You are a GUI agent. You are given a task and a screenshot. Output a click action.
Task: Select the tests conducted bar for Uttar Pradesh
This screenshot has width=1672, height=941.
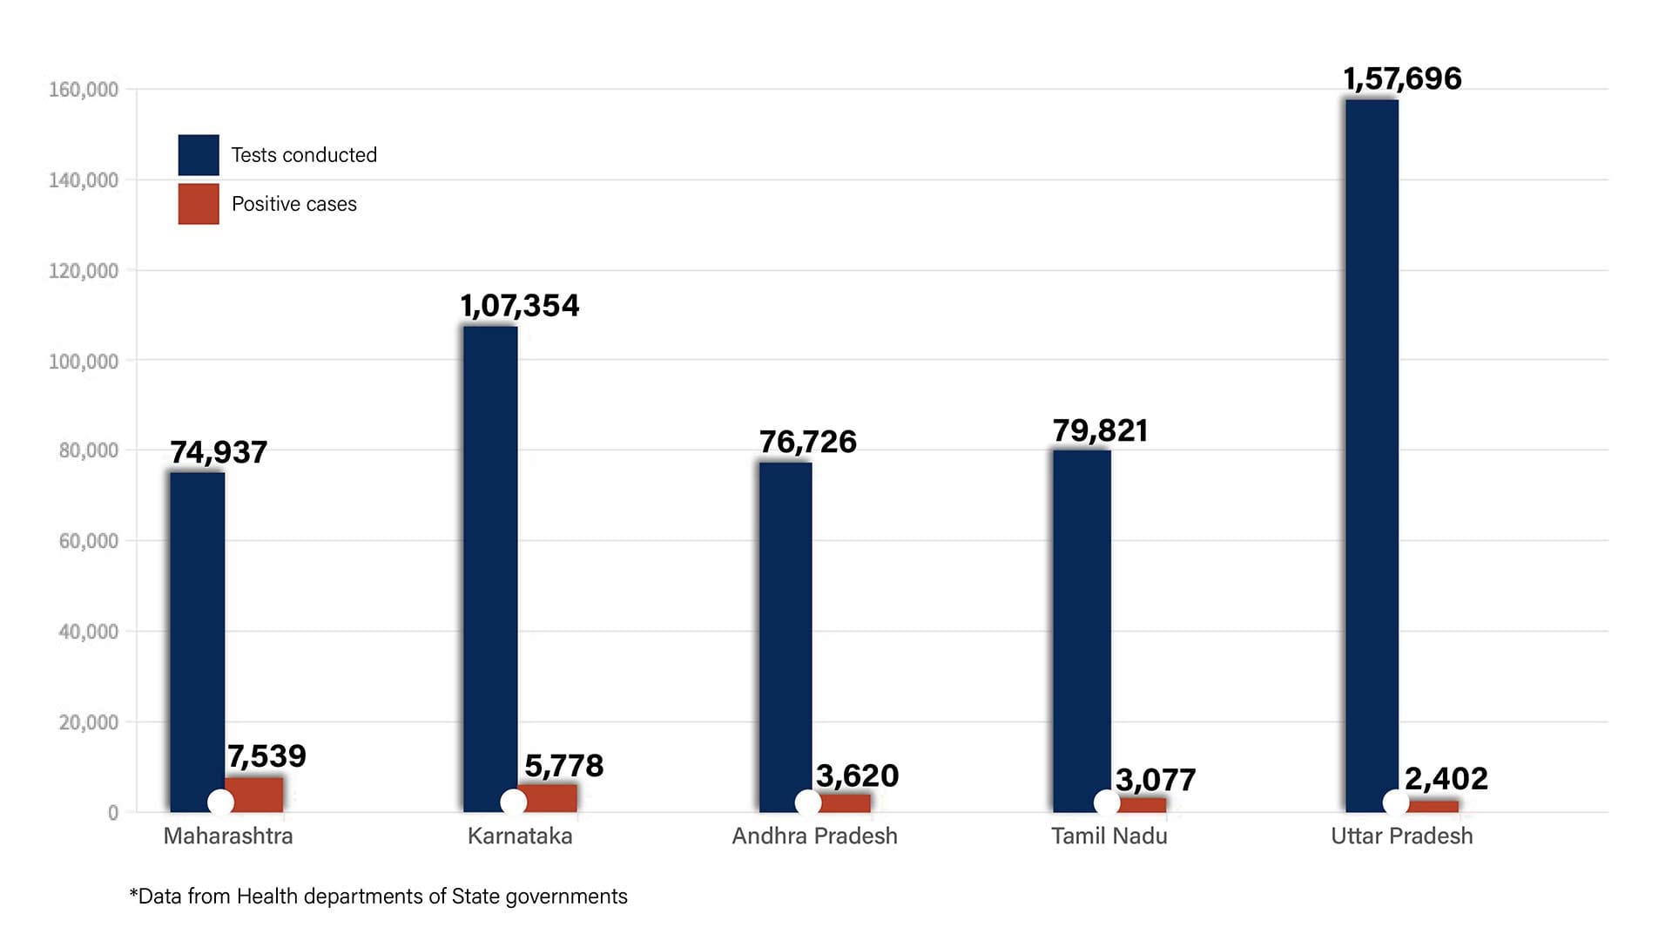coord(1372,453)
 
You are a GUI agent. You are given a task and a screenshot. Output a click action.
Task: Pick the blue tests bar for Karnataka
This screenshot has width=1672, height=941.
coord(490,566)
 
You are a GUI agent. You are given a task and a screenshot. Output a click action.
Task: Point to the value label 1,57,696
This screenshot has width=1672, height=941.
coord(1402,78)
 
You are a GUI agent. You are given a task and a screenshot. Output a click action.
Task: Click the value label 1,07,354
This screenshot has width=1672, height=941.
coord(520,306)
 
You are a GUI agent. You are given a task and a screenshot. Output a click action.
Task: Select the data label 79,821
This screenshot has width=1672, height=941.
coord(1100,430)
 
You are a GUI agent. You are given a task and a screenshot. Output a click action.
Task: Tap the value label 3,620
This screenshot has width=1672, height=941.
coord(857,775)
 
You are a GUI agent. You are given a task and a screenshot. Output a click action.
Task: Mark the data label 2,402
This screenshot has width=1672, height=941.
coord(1446,778)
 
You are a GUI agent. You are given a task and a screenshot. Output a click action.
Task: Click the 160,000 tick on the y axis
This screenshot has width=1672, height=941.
coord(84,90)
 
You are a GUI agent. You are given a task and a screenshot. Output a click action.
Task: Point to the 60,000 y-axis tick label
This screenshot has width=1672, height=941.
coord(88,541)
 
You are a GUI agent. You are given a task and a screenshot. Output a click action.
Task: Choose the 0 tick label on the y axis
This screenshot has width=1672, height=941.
coord(113,813)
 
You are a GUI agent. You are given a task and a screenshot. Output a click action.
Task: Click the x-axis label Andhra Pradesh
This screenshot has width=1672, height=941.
coord(814,836)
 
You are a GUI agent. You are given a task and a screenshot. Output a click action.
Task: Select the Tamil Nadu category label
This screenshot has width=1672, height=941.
coord(1109,836)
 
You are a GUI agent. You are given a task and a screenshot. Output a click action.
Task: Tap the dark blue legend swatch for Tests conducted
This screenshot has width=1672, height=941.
coord(199,155)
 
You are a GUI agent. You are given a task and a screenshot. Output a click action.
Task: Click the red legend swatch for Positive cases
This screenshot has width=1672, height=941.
coord(199,204)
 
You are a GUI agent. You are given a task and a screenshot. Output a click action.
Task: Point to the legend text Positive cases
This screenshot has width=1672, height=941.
coord(294,204)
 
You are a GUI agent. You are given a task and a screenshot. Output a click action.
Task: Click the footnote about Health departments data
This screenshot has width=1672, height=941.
coord(378,897)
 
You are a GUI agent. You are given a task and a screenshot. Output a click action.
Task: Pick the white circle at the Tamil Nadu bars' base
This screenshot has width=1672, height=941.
coord(1106,802)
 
